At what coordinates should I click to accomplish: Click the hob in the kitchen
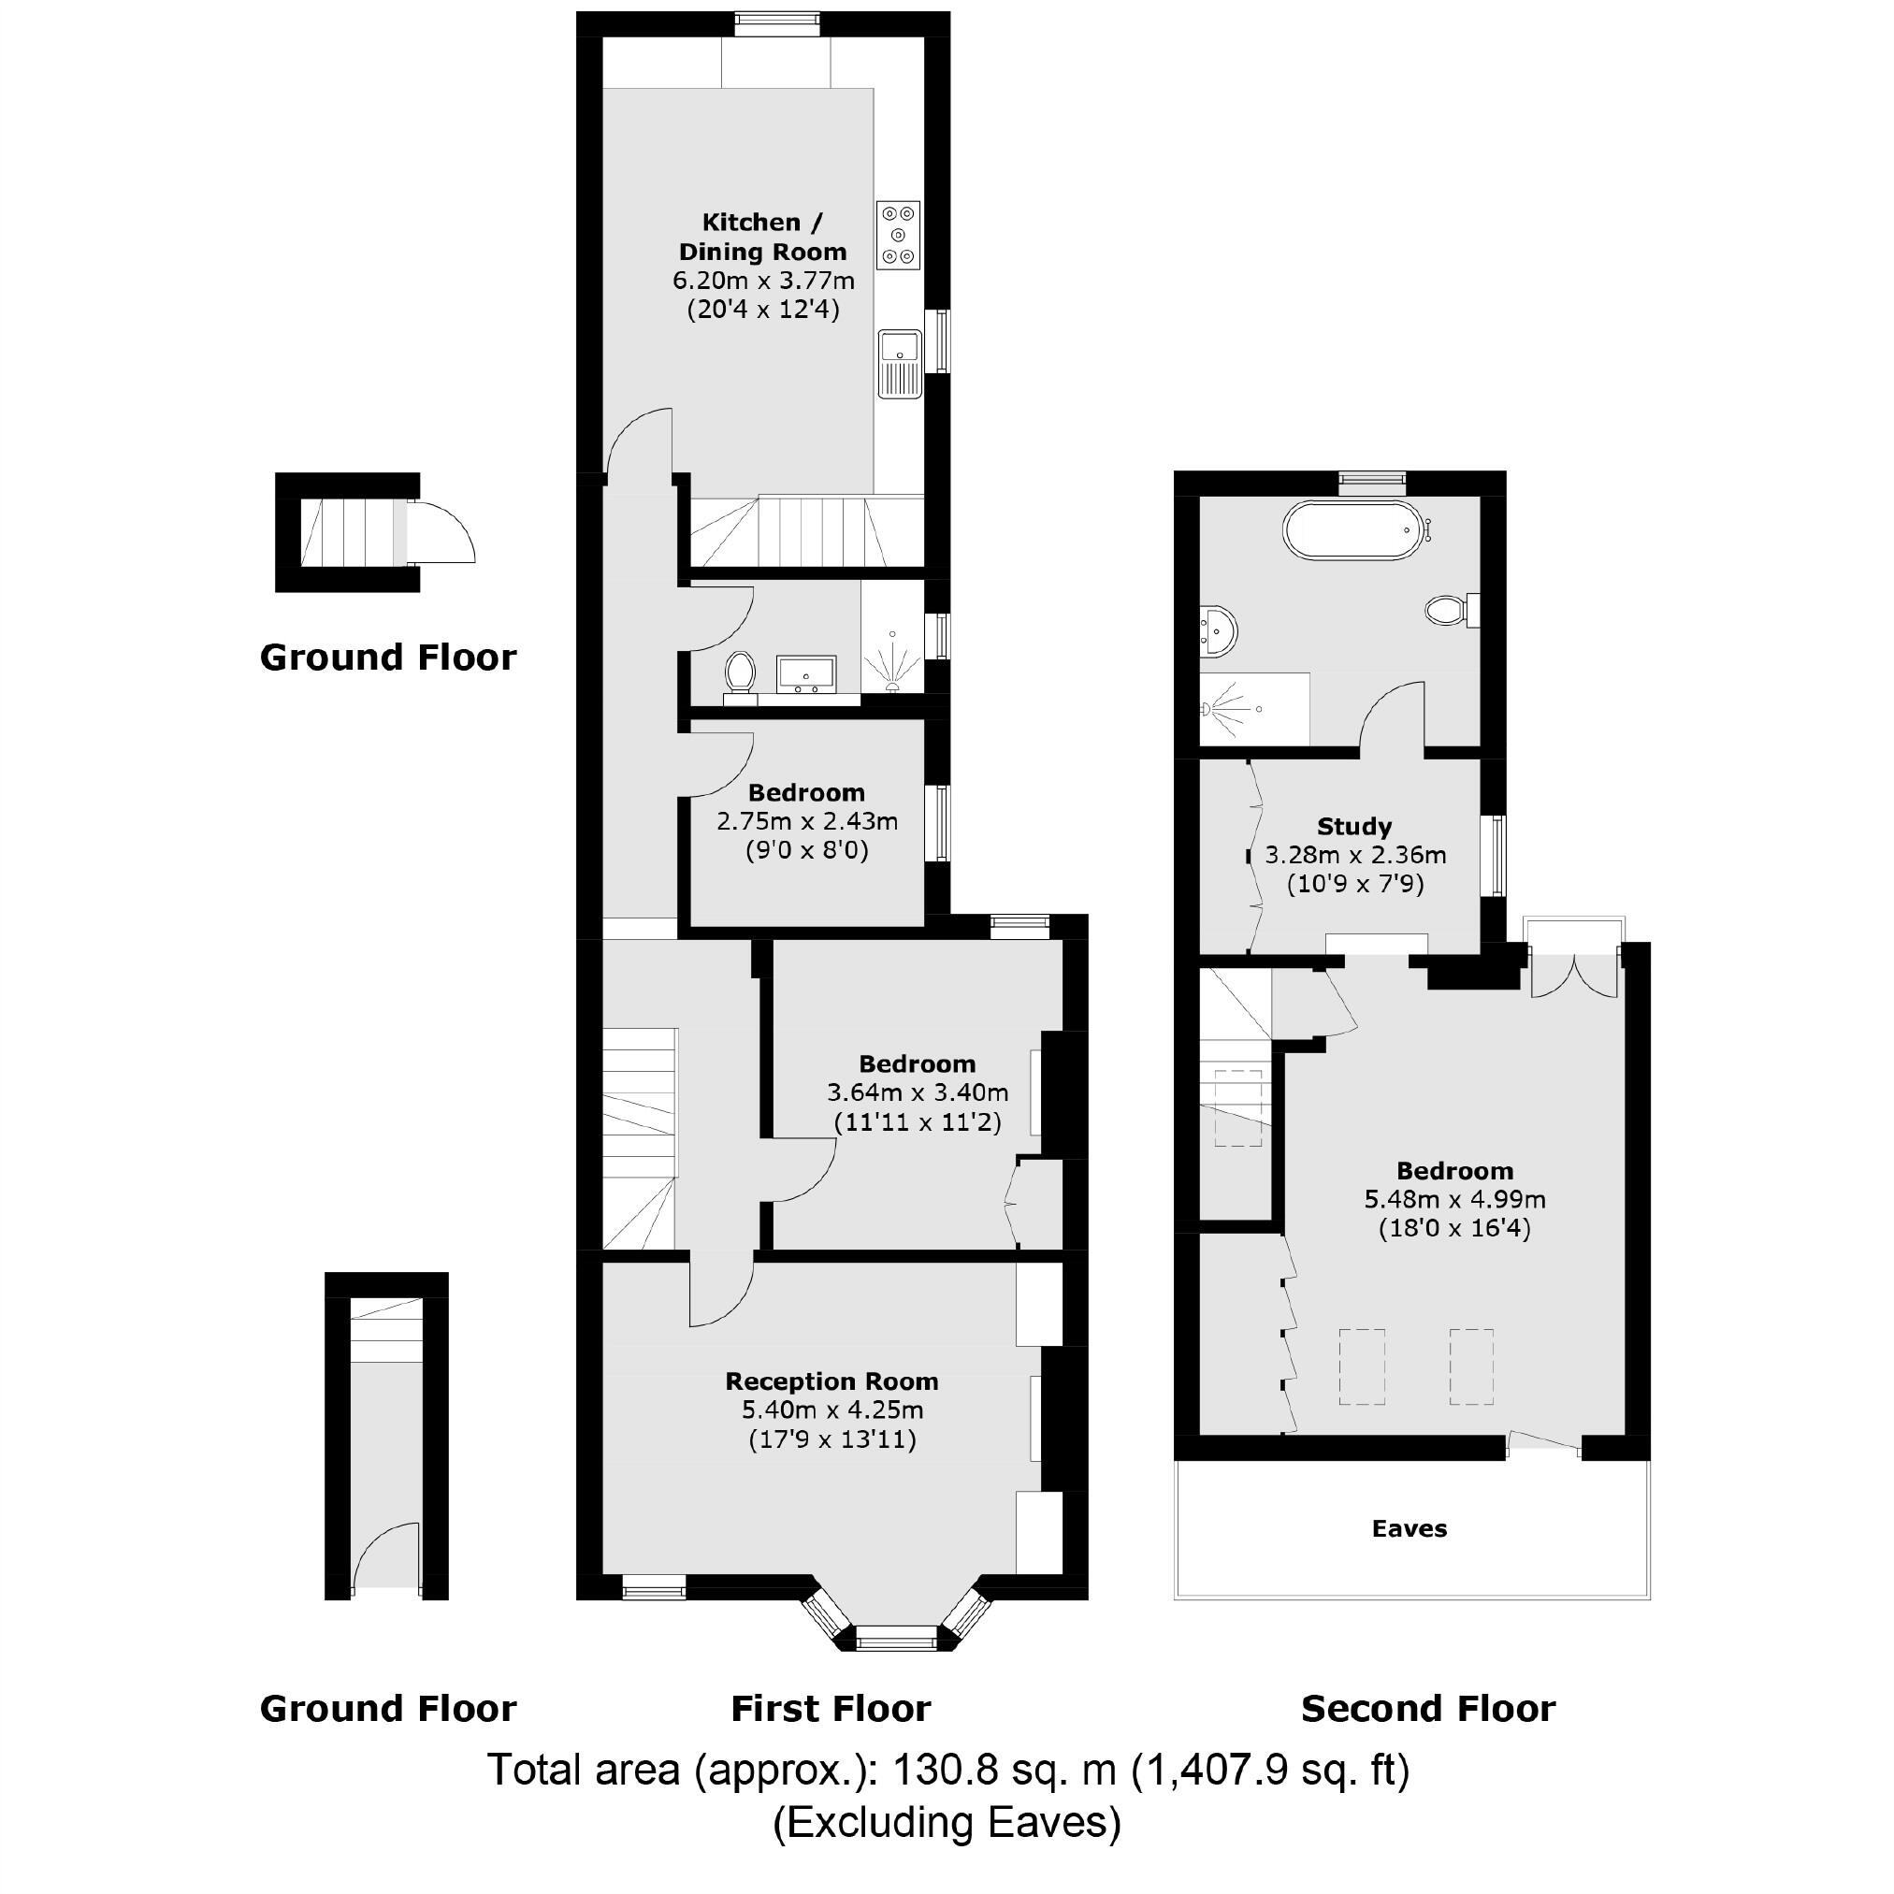click(898, 236)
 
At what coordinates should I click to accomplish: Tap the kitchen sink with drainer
click(899, 363)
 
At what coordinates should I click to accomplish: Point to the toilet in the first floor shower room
click(740, 674)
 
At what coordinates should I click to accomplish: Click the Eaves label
click(1409, 1528)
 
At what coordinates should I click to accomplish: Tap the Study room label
click(1353, 826)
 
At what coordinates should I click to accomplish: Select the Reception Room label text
click(831, 1381)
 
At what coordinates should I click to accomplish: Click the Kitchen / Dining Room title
click(761, 237)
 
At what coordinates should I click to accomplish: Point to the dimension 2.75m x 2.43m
click(807, 821)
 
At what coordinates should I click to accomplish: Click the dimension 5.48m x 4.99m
click(1454, 1199)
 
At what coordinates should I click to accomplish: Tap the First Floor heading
click(831, 1709)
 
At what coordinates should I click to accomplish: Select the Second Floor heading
click(1427, 1709)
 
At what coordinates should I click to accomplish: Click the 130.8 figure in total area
click(945, 1771)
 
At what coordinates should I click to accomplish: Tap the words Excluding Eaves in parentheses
click(946, 1822)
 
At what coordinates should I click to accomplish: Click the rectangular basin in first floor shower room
click(806, 673)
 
